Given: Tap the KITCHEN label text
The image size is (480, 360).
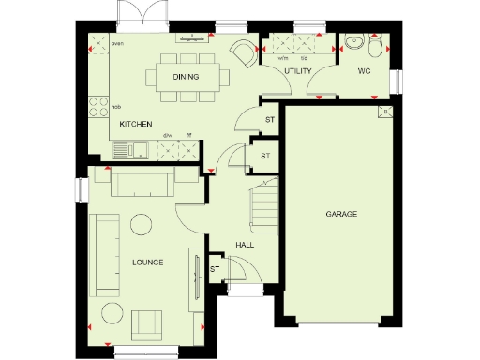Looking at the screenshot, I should (136, 123).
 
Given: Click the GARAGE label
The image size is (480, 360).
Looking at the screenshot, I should (341, 215).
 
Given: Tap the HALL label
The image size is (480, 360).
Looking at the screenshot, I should (245, 245).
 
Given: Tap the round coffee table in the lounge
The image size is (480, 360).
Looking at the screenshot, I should (142, 224).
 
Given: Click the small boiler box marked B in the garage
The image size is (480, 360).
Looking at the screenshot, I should (383, 112).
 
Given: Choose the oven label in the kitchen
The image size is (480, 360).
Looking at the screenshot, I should (118, 43).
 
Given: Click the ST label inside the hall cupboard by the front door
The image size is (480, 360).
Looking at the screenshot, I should (215, 269).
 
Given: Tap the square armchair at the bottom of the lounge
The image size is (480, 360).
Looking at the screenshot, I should (145, 324).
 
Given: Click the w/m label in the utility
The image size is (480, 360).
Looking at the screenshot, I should (282, 58).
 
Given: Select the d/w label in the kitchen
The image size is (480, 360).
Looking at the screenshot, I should (169, 136).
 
